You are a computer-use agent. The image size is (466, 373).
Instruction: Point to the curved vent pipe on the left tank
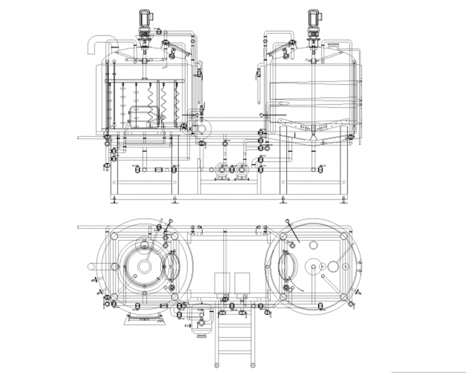(x=94, y=44)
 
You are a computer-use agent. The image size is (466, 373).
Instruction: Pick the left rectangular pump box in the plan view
(x=222, y=283)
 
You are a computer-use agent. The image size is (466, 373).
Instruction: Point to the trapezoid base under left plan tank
(x=144, y=318)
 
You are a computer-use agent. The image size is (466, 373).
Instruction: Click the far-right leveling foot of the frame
(x=341, y=199)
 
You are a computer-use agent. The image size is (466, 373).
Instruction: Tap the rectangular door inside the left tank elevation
(x=138, y=114)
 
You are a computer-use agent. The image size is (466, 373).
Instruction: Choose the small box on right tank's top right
(x=333, y=45)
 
